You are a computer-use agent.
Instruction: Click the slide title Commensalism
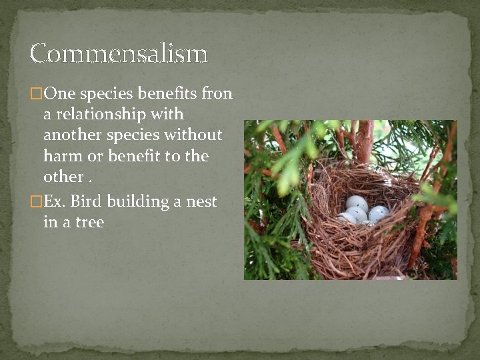coord(119,53)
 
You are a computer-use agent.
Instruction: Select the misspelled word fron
coord(216,93)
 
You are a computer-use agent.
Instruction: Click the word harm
coord(59,157)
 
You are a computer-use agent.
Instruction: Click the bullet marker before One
coord(35,94)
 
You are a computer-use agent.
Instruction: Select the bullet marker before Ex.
coord(35,201)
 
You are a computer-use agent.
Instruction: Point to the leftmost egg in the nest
coord(347,217)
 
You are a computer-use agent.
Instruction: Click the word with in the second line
coord(169,115)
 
